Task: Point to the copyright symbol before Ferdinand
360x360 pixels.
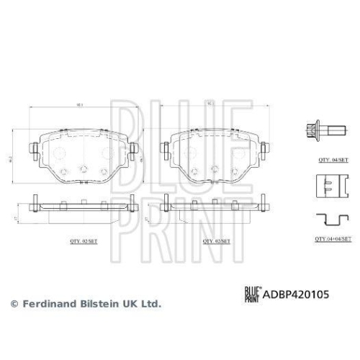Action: [13, 305]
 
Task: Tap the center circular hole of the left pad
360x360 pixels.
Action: [83, 170]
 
